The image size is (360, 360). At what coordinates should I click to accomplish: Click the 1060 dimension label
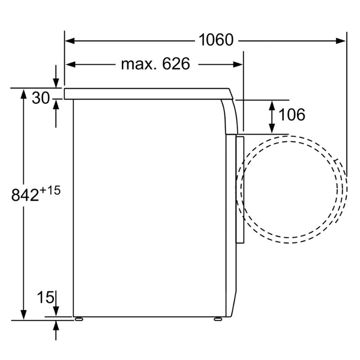click(x=216, y=40)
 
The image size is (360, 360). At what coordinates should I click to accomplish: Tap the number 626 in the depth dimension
click(x=176, y=64)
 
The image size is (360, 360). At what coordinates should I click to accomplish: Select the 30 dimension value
click(x=40, y=98)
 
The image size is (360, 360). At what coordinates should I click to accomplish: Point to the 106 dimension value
click(x=292, y=115)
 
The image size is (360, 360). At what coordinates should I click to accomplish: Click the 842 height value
click(x=25, y=195)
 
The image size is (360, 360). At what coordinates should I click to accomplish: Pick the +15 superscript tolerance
click(x=50, y=190)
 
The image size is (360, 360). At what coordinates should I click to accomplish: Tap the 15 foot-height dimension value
click(x=45, y=297)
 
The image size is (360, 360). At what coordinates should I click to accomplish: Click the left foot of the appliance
click(x=79, y=319)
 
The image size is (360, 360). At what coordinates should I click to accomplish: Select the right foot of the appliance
click(x=218, y=319)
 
